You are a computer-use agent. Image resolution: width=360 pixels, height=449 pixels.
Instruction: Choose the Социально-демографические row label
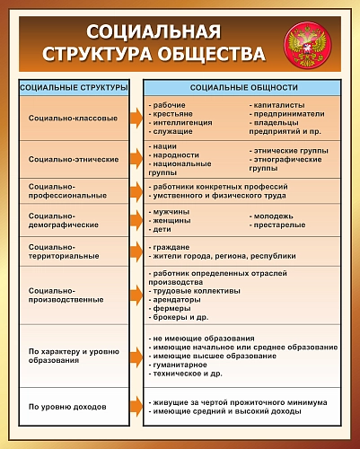click(x=64, y=221)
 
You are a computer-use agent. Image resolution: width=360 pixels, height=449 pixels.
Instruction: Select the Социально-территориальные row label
click(x=64, y=251)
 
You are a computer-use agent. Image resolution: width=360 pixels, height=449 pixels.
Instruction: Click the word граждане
click(x=171, y=246)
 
